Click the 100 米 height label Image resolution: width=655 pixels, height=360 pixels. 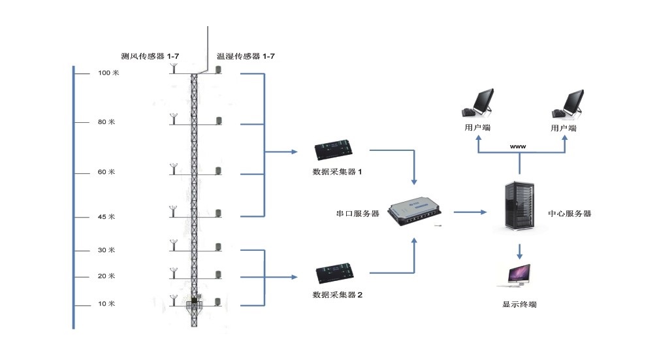click(x=108, y=73)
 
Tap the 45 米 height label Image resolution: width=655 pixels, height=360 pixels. click(x=107, y=217)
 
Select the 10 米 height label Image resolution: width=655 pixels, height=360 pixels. click(x=107, y=304)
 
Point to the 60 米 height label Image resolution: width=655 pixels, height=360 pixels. click(x=107, y=172)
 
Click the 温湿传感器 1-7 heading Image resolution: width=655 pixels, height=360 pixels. click(x=246, y=57)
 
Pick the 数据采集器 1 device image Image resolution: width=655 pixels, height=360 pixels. click(x=336, y=151)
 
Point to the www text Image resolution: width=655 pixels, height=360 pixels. click(x=519, y=147)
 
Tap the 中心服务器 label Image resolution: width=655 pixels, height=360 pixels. click(x=569, y=214)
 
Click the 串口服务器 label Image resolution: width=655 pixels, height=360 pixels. click(x=358, y=214)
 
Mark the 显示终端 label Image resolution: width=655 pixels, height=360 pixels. click(x=520, y=305)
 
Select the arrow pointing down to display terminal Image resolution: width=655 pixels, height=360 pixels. click(x=520, y=251)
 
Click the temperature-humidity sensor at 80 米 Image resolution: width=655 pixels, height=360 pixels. click(x=219, y=122)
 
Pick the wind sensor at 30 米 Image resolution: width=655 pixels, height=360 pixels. click(x=174, y=246)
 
